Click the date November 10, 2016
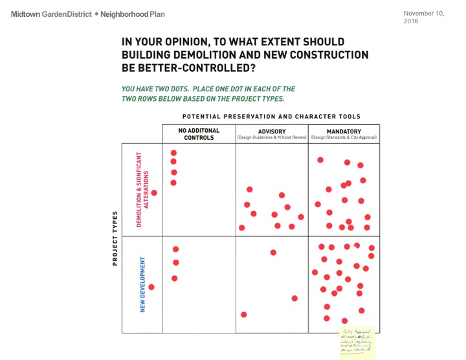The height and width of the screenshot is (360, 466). click(423, 17)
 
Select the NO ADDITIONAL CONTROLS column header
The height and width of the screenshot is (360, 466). click(199, 134)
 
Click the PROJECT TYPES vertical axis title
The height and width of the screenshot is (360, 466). click(115, 238)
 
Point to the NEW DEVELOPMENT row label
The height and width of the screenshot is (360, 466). click(142, 285)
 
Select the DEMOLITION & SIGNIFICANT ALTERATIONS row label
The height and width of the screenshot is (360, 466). click(142, 189)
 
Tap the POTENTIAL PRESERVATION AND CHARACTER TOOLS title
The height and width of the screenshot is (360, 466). click(271, 117)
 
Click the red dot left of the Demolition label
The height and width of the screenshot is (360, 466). click(154, 192)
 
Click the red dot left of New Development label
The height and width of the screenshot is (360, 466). click(151, 287)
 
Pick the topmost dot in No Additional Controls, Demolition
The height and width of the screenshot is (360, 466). click(173, 153)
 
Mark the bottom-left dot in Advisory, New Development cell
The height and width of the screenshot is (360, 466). click(244, 315)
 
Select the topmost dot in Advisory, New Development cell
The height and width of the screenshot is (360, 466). click(273, 253)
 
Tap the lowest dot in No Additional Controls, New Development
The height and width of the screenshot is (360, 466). click(175, 278)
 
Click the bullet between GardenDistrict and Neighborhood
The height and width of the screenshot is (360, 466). click(95, 14)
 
